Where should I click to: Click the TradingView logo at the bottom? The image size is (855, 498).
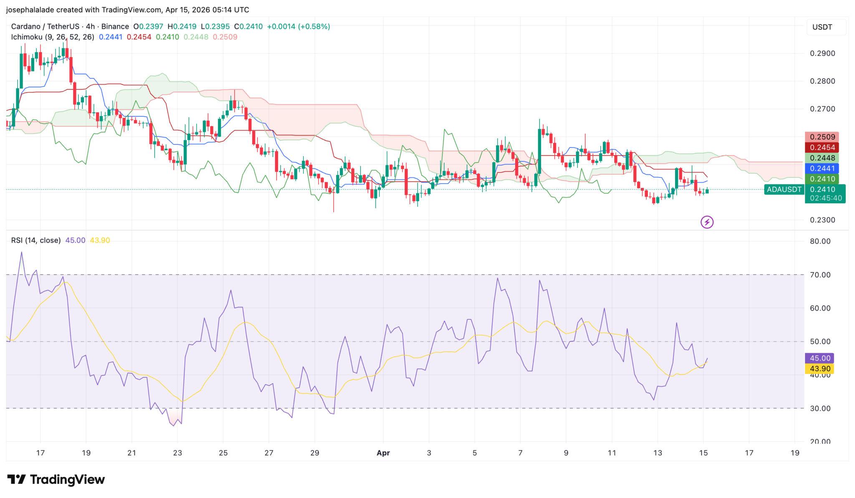point(56,480)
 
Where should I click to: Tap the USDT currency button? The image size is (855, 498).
point(822,27)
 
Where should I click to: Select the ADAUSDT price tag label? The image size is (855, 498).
point(784,190)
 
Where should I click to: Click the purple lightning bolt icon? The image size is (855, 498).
point(707,222)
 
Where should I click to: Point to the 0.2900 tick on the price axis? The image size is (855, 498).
point(822,53)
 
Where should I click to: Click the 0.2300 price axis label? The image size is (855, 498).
point(822,220)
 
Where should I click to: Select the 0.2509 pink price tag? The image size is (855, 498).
point(822,137)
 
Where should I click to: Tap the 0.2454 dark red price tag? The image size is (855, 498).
point(822,147)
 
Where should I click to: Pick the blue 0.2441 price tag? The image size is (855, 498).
point(822,169)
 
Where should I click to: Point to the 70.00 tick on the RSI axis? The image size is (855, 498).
point(820,275)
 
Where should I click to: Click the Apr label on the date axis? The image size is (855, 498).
point(383,453)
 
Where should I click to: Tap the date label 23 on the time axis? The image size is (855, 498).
point(177,453)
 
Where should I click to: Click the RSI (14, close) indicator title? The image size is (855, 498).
point(36,240)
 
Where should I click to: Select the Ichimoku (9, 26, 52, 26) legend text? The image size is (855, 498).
point(53,37)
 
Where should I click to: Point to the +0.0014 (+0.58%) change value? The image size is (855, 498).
point(298,27)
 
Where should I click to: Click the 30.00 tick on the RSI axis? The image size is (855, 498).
point(820,408)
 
